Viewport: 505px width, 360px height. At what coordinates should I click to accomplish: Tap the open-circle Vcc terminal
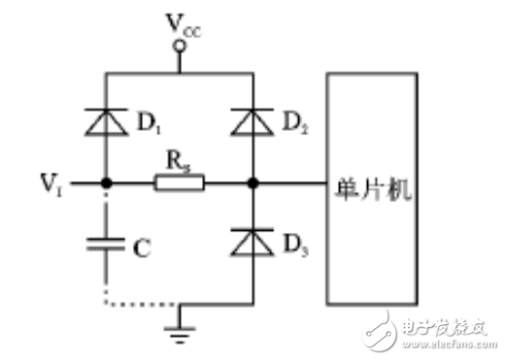[179, 44]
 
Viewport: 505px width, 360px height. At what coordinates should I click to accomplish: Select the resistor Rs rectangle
[179, 181]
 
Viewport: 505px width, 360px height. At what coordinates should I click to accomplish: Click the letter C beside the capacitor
[142, 249]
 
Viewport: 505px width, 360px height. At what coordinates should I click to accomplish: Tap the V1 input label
[53, 180]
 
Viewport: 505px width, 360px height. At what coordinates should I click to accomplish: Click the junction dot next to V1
[106, 181]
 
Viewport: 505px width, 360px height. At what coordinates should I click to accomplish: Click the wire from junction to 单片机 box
[291, 181]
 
